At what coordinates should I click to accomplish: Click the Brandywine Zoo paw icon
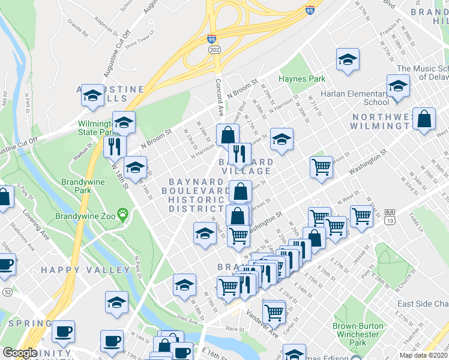[x=123, y=212]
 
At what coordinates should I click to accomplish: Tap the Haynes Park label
[x=301, y=79]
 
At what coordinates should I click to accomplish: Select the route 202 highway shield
[x=215, y=50]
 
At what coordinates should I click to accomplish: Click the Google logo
[x=20, y=353]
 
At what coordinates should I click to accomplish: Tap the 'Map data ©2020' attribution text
[x=423, y=355]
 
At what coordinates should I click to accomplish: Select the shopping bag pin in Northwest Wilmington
[x=424, y=119]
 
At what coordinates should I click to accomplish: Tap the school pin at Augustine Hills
[x=92, y=95]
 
